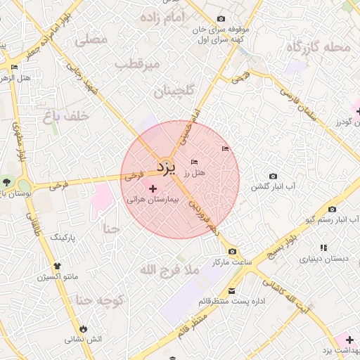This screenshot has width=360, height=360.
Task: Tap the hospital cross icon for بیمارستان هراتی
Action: click(x=154, y=188)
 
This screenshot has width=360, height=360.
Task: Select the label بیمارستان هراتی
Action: click(x=153, y=200)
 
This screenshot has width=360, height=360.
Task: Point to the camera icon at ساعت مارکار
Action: click(x=232, y=252)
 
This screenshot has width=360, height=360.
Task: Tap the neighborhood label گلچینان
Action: click(x=163, y=91)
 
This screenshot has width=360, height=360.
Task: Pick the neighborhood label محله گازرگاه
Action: click(x=317, y=48)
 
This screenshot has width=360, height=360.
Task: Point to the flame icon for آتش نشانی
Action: click(x=84, y=328)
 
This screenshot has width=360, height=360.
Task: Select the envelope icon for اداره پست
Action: click(x=231, y=291)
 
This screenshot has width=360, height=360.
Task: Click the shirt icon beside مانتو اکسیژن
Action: click(x=57, y=266)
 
